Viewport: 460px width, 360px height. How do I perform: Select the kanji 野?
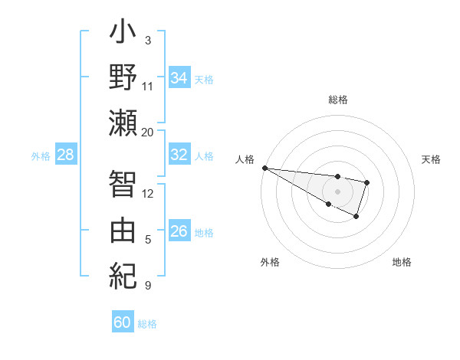123,79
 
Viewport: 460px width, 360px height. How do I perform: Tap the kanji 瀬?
123,123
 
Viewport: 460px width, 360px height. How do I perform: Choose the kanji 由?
123,229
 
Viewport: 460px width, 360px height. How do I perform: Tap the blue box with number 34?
179,77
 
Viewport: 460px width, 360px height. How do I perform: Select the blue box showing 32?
179,155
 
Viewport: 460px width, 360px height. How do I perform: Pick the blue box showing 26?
179,231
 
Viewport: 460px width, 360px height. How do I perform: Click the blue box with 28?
65,155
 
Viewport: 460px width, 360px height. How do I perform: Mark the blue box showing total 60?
123,322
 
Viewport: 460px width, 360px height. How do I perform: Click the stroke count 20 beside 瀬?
147,132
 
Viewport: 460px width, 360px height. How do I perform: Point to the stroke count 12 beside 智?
147,193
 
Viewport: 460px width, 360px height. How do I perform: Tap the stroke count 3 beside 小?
147,40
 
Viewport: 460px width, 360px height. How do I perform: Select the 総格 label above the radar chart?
337,100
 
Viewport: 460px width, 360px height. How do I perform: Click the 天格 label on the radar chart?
432,159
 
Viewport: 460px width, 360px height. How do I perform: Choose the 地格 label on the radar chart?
402,262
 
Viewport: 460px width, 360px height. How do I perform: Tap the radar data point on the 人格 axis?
264,167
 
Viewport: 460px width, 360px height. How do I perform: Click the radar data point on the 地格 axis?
356,218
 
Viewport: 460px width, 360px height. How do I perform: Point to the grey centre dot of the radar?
337,191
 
